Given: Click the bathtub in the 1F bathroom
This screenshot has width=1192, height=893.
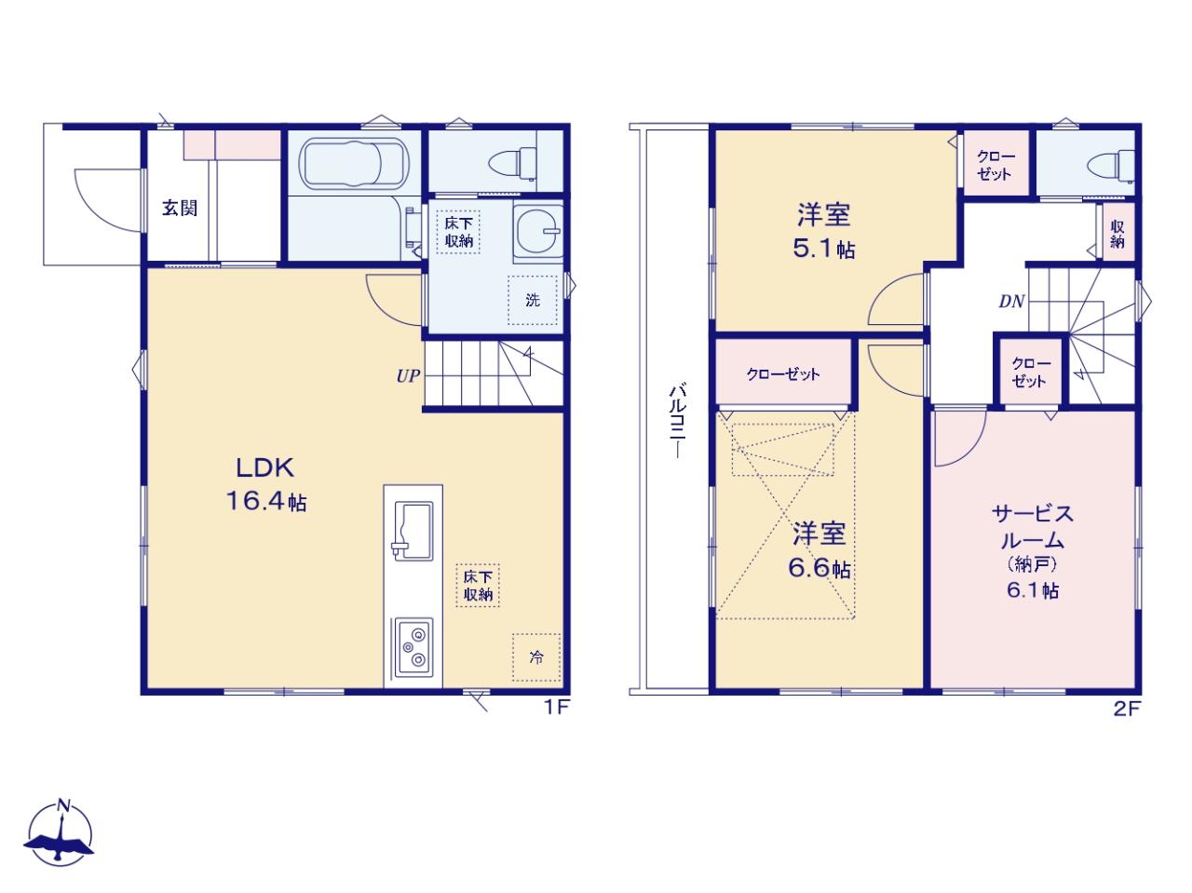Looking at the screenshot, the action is pos(354,163).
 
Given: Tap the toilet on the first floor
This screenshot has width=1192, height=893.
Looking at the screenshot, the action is pos(512,162).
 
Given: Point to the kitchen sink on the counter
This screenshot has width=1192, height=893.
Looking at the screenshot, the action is pos(413,531).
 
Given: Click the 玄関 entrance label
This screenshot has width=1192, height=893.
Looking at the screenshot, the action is pos(180,208).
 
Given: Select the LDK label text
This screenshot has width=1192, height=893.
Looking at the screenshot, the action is pos(264,468).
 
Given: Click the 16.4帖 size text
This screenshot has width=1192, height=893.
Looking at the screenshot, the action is pos(266,501).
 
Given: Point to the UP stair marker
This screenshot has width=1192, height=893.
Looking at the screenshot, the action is pos(408,375).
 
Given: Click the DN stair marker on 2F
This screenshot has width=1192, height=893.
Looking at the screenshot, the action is pos(1011,302).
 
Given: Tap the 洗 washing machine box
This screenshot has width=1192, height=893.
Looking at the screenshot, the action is pos(532,300).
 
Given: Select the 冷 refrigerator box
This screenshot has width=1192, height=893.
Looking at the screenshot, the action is pos(536,657).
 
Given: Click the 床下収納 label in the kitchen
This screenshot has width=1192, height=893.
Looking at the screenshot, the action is pos(478,586).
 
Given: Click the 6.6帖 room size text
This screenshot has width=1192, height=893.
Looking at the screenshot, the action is pos(819,568).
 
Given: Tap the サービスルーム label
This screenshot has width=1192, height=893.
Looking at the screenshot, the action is pos(1033,526).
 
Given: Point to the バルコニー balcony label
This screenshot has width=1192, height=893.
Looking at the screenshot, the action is pos(678,421).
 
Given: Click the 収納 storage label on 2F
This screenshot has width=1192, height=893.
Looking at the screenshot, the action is pos(1117,234).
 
